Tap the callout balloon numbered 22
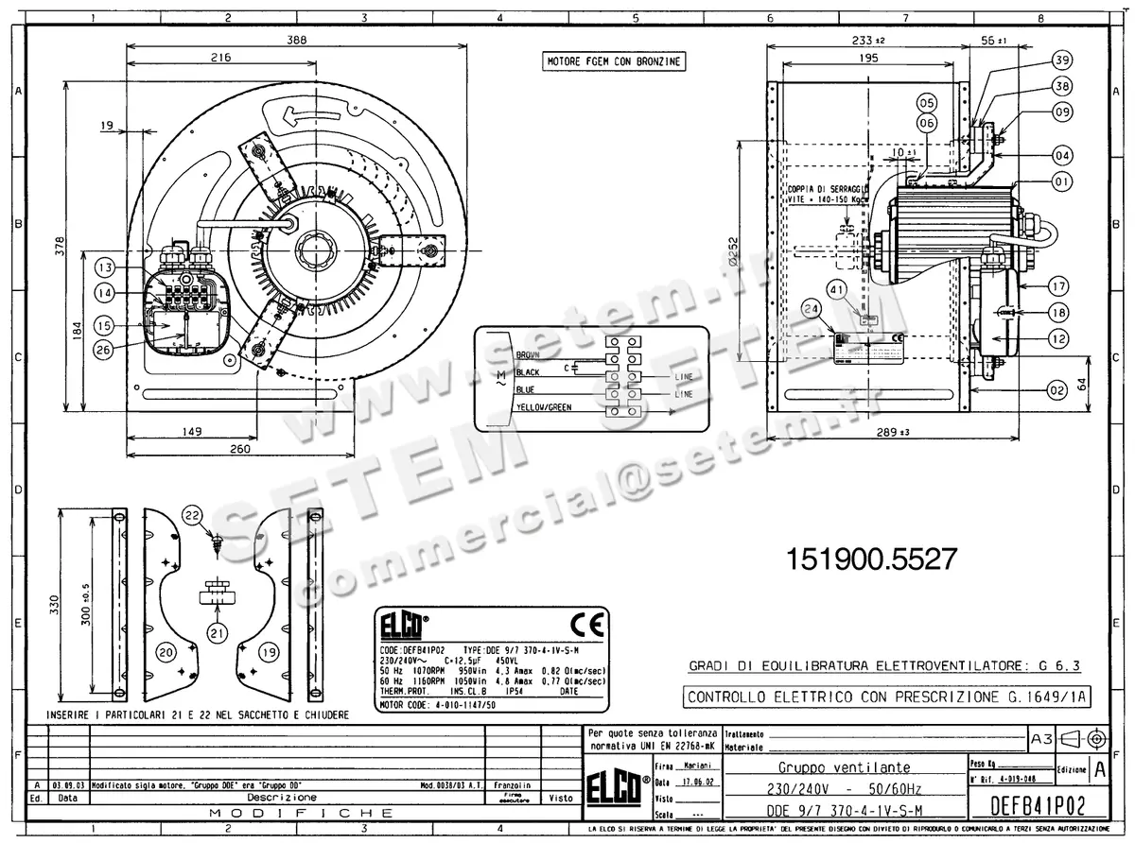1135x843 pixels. [193, 515]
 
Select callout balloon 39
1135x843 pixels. [1062, 60]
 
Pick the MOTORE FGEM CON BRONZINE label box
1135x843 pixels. [614, 61]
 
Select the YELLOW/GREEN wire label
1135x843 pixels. [544, 407]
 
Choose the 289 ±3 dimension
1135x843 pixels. [893, 432]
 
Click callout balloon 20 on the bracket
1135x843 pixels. [166, 651]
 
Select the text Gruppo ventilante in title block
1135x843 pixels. [844, 767]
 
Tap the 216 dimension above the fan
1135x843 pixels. [220, 58]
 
